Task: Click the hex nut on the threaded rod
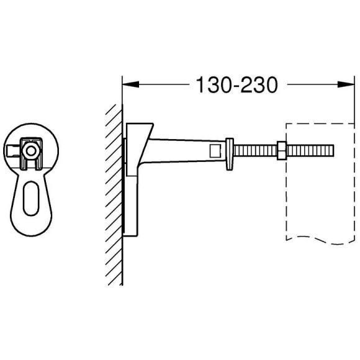coord(281,150)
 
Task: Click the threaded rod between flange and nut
coord(254,150)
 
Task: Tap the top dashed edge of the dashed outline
coord(317,124)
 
